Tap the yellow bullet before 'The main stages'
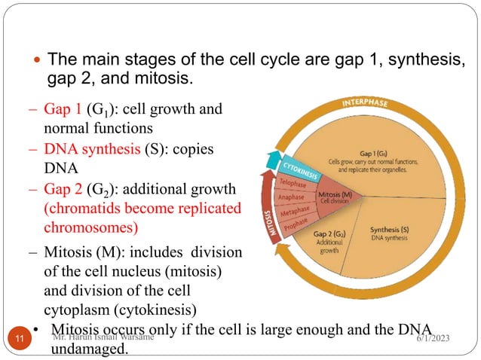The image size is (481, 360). (38, 59)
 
